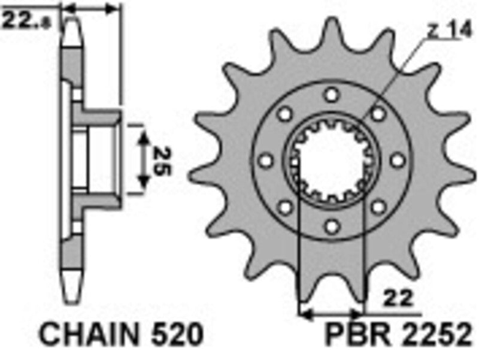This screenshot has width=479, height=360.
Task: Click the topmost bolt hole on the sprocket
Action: (x=331, y=95)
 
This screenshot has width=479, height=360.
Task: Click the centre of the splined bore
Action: (x=331, y=160)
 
